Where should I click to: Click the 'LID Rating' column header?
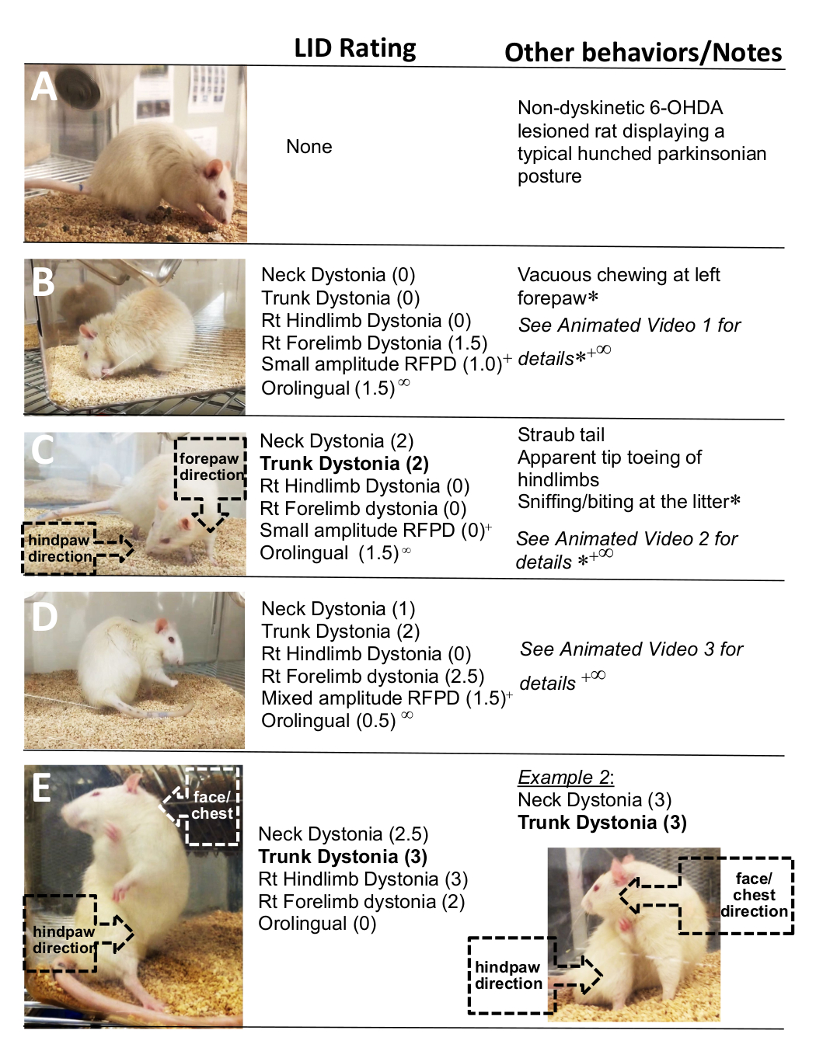coord(355,49)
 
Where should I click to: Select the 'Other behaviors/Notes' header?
coord(643,53)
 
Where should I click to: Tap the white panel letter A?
coord(43,87)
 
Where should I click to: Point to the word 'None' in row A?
coord(309,147)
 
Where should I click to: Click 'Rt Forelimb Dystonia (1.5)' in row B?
coord(374,343)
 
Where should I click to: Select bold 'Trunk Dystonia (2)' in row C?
coord(344,464)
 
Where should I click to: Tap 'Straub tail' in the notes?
coord(560,435)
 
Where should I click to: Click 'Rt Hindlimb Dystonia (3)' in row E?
coord(363,879)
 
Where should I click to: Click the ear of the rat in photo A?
coord(213,169)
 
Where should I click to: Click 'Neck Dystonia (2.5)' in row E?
coord(343,834)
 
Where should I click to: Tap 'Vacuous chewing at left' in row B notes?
coord(618,275)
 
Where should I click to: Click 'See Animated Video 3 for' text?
coord(631,649)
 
